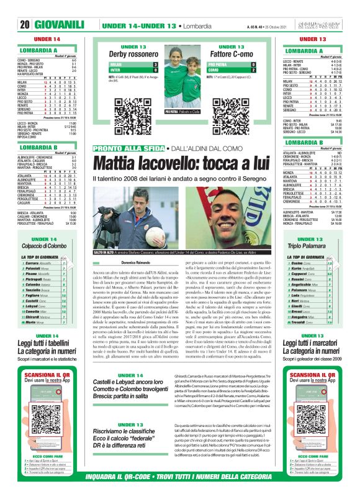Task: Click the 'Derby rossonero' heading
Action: point(133,54)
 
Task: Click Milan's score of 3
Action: point(155,64)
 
